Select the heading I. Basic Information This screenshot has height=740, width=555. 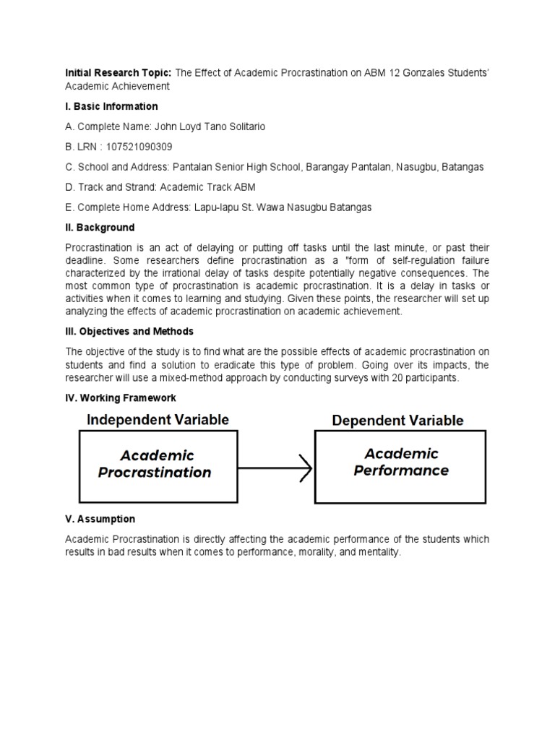[111, 106]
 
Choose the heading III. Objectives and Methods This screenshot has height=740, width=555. [129, 332]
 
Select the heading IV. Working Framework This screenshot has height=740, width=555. [121, 398]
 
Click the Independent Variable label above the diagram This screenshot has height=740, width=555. [158, 420]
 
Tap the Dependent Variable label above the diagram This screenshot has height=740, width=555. [397, 420]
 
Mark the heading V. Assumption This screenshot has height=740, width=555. [100, 519]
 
